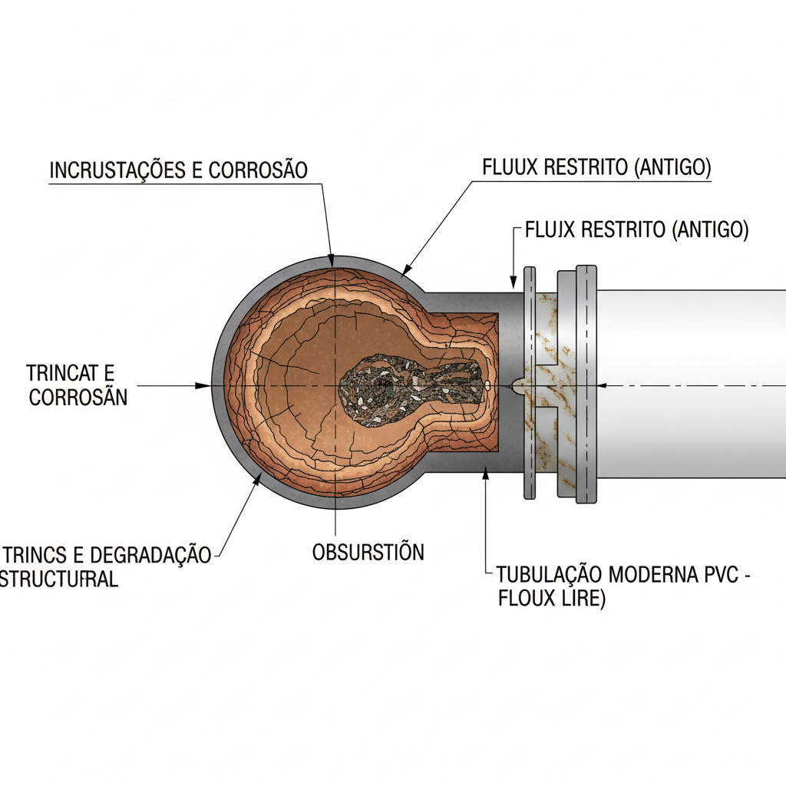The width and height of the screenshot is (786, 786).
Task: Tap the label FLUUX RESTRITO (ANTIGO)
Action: coord(596,167)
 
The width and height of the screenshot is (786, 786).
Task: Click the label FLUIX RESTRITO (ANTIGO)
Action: coord(636,230)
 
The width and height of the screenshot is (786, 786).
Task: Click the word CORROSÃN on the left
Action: coord(78,398)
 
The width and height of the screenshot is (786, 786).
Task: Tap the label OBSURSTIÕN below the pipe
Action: coord(368,552)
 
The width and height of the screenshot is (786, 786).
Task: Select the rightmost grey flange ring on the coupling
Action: coord(586,384)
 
